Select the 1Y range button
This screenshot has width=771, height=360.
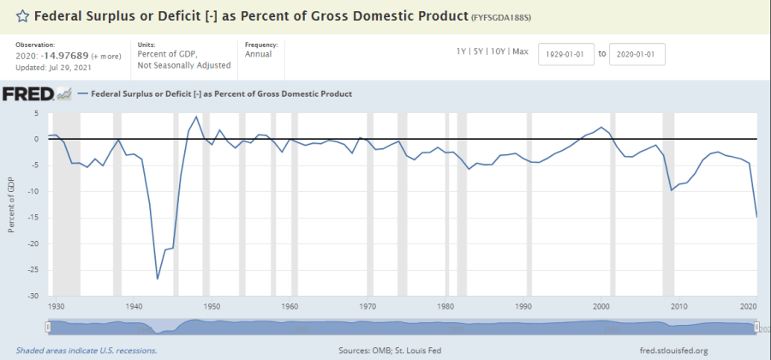point(462,53)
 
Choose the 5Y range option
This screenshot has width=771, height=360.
point(479,53)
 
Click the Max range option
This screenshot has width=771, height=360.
point(520,53)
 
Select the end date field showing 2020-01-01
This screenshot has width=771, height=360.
point(637,54)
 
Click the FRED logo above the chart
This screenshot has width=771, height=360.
point(29,94)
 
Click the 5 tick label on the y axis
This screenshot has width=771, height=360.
point(37,113)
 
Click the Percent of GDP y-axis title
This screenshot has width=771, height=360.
point(11,206)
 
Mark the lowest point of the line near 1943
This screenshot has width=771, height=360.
point(158,279)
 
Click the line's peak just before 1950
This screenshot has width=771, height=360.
point(196,117)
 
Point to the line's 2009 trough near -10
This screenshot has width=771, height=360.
point(672,189)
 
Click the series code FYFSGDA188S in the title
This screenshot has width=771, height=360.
point(505,16)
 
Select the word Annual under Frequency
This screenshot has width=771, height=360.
point(258,55)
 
